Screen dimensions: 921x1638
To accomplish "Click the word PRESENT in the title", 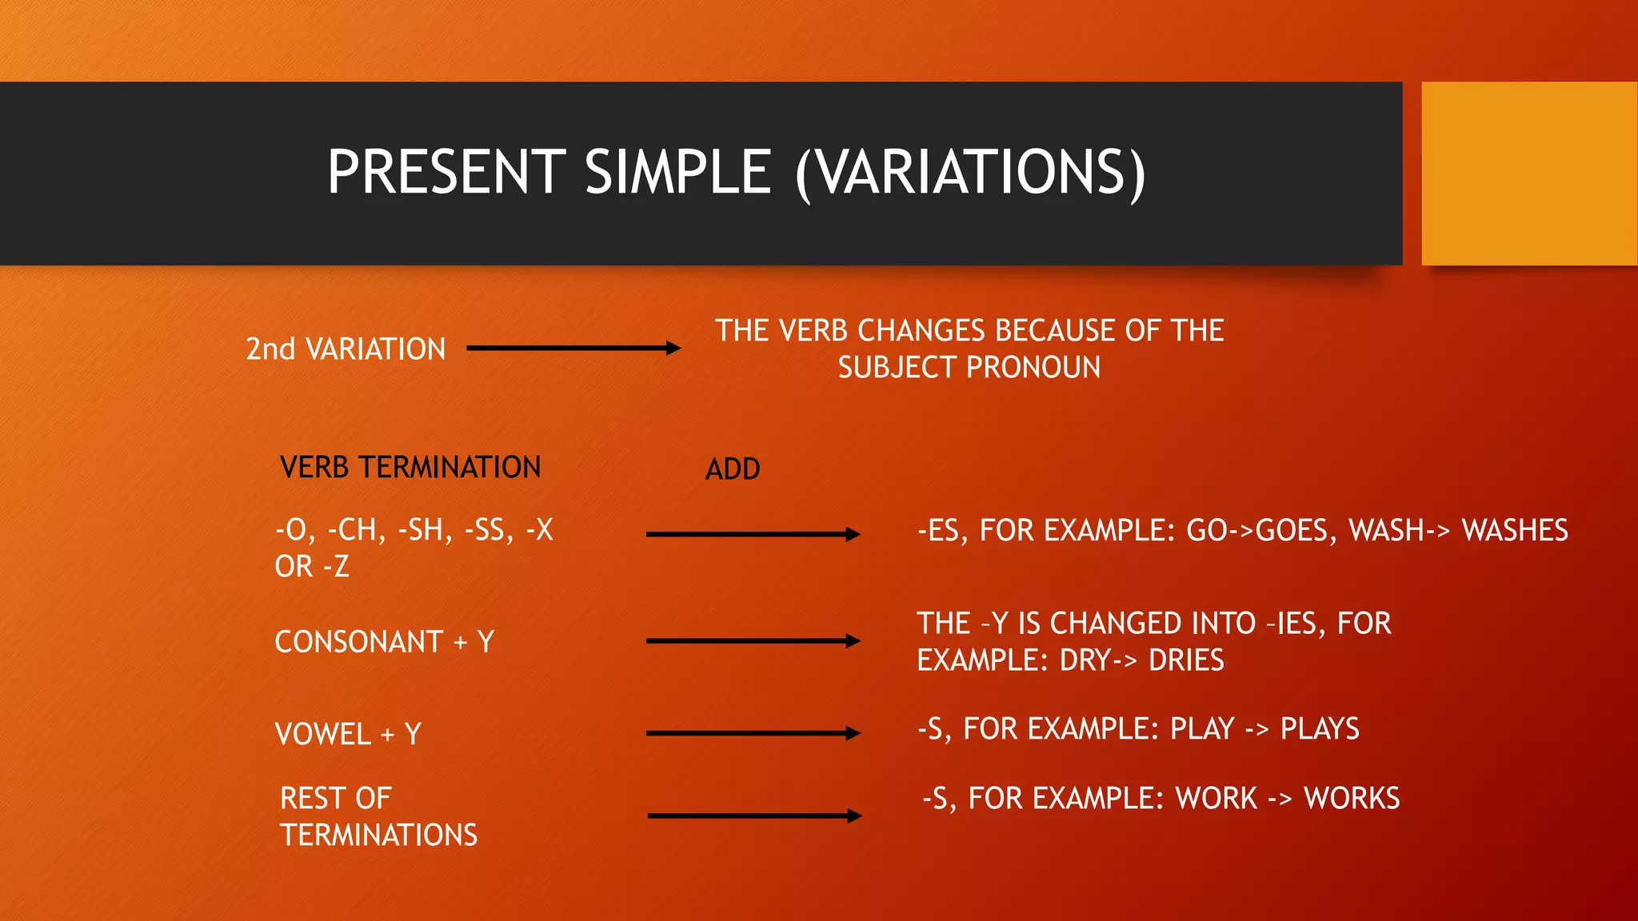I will tap(446, 172).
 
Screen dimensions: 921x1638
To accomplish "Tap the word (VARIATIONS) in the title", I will tap(970, 173).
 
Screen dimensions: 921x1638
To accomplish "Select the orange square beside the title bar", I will tap(1528, 173).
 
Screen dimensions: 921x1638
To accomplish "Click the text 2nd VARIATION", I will tap(345, 349).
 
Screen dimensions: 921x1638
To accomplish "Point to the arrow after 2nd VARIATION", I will tap(573, 348).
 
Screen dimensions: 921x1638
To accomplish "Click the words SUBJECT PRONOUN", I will tap(969, 368).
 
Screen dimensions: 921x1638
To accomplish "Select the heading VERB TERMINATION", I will tap(410, 468).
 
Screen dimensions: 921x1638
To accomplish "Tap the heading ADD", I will tap(732, 469).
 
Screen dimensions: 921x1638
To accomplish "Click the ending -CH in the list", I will tap(357, 530).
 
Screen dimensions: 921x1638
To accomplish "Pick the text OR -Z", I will tap(312, 567).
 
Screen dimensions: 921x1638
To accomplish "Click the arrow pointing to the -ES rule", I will tap(752, 534).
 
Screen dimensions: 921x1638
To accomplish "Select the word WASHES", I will tap(1515, 531).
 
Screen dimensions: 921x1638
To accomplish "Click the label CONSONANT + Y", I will tap(384, 642).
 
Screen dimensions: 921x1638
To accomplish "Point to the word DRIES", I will tap(1186, 661).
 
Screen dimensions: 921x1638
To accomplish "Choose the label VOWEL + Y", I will tap(347, 734).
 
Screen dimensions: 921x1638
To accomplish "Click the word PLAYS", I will tap(1320, 729).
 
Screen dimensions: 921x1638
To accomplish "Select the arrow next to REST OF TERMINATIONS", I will tap(753, 815).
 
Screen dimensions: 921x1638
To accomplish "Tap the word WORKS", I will tap(1352, 799).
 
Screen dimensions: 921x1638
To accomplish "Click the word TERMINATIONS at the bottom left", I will tap(378, 835).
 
